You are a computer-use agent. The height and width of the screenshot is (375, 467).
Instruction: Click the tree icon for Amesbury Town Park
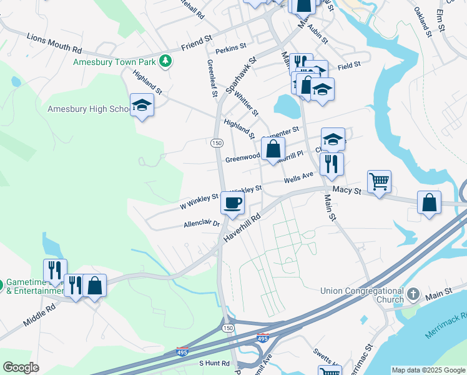[x=165, y=61]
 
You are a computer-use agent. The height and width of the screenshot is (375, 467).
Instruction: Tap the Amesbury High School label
[x=88, y=109]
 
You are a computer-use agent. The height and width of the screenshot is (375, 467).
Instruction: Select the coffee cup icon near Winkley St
[x=232, y=202]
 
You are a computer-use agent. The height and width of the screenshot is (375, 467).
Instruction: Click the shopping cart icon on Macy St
[x=379, y=181]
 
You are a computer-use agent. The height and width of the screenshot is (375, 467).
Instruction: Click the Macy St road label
[x=348, y=189]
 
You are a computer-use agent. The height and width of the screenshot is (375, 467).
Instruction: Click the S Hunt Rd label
[x=215, y=363]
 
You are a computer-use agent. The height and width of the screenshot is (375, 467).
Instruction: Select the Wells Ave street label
[x=298, y=179]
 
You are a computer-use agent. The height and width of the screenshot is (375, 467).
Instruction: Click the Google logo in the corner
[x=21, y=367]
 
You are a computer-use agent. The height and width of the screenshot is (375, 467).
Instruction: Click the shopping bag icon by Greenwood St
[x=273, y=149]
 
